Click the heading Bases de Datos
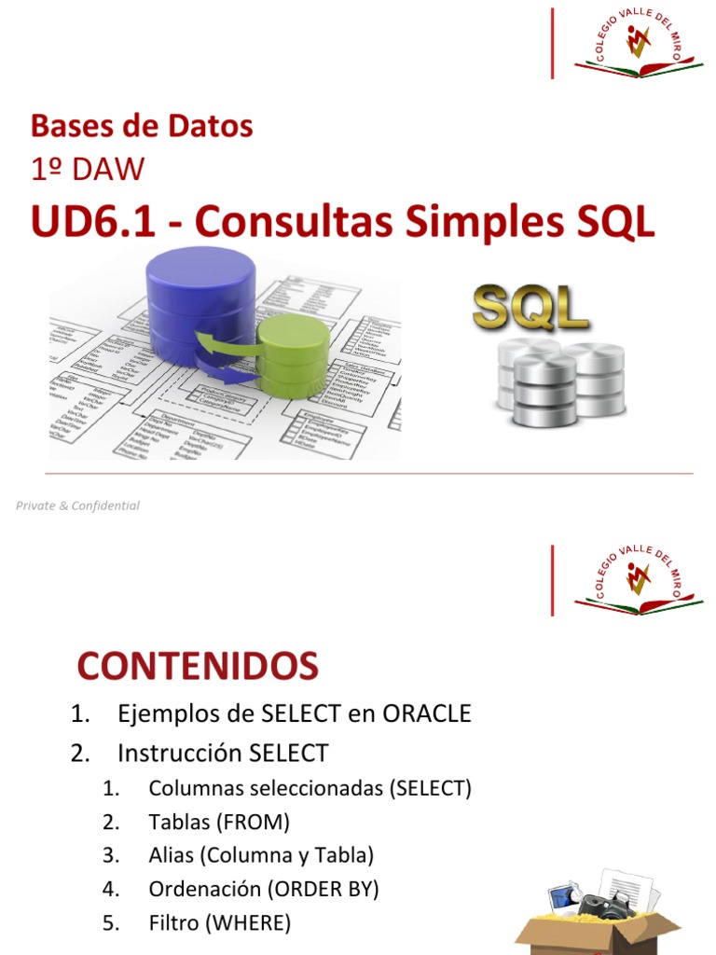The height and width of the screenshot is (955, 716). (x=142, y=126)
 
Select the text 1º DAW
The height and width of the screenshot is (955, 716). (x=88, y=170)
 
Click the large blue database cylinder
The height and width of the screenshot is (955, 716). (x=200, y=298)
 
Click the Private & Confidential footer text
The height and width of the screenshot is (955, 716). (x=77, y=505)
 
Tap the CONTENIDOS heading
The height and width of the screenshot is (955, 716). (x=198, y=666)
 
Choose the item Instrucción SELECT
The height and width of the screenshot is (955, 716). (x=223, y=753)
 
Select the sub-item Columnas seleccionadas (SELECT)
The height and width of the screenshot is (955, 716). (x=310, y=788)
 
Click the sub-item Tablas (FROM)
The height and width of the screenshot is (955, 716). (x=219, y=822)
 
